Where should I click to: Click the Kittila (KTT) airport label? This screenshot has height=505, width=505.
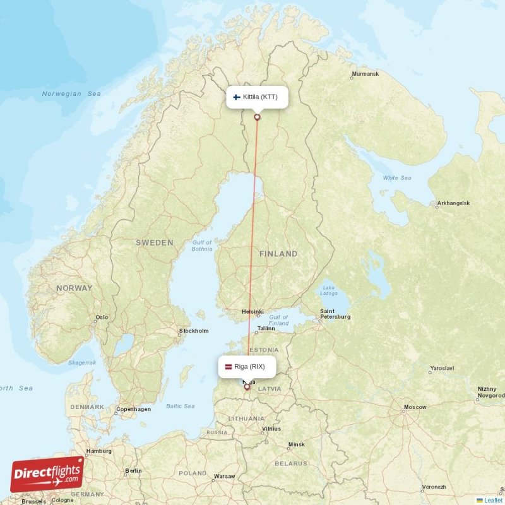[257, 97]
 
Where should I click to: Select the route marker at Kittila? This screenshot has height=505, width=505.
[257, 117]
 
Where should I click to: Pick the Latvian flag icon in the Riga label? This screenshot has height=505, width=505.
[229, 367]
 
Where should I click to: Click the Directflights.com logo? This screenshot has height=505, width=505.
[47, 474]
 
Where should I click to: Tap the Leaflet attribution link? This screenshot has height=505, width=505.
[493, 500]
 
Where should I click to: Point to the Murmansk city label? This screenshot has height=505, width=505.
[365, 74]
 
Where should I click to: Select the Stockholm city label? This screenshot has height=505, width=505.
[194, 331]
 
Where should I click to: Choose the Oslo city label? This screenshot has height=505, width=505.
[101, 318]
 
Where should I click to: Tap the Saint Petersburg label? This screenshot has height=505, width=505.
[335, 314]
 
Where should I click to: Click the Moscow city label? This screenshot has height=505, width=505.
[415, 407]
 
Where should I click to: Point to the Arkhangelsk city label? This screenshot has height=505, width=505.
[453, 203]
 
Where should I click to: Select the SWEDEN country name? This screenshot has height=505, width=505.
[154, 242]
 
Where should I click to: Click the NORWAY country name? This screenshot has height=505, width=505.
[74, 288]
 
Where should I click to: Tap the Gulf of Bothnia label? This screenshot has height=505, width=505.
[202, 246]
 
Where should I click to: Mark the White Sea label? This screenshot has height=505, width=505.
[396, 178]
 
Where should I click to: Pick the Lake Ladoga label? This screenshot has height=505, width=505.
[329, 289]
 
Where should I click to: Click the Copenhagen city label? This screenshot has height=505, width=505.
[133, 409]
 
